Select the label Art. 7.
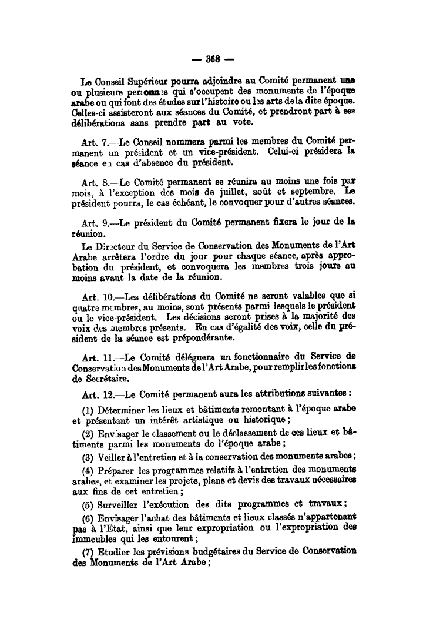tap(95, 142)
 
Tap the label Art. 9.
tap(95, 222)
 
